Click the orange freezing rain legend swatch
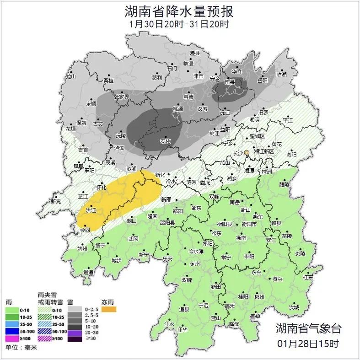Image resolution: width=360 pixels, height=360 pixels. [x=108, y=310]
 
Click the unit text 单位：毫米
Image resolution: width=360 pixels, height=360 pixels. [x=21, y=348]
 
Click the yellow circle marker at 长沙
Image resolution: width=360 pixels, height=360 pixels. [x=247, y=152]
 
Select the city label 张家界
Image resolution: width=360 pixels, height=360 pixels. [x=121, y=97]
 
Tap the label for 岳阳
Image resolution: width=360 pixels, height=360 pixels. [x=262, y=81]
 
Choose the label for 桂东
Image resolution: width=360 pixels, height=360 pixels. [x=308, y=277]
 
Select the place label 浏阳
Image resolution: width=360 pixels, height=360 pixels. [x=291, y=155]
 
